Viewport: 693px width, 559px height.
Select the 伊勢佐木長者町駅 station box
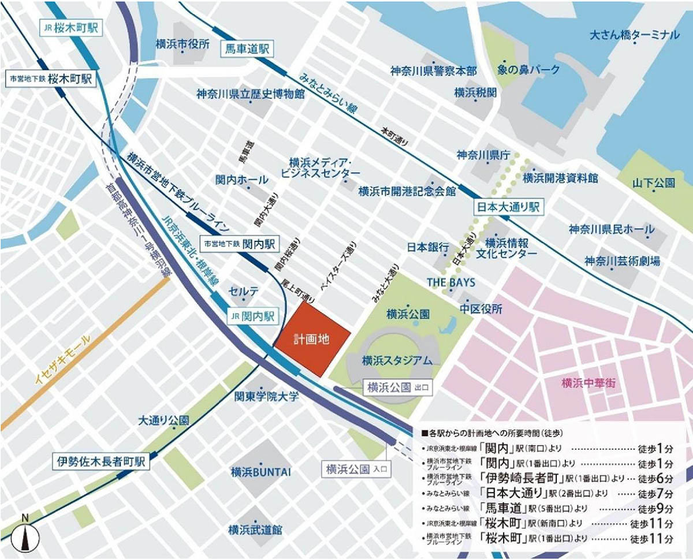coord(100,461)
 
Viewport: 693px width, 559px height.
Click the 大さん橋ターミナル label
coord(634,35)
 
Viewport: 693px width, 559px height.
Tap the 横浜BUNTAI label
coord(260,472)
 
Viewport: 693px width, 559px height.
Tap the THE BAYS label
coord(450,282)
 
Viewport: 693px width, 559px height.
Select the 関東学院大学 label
coord(266,397)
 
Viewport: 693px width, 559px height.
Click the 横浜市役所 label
coord(182,44)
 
